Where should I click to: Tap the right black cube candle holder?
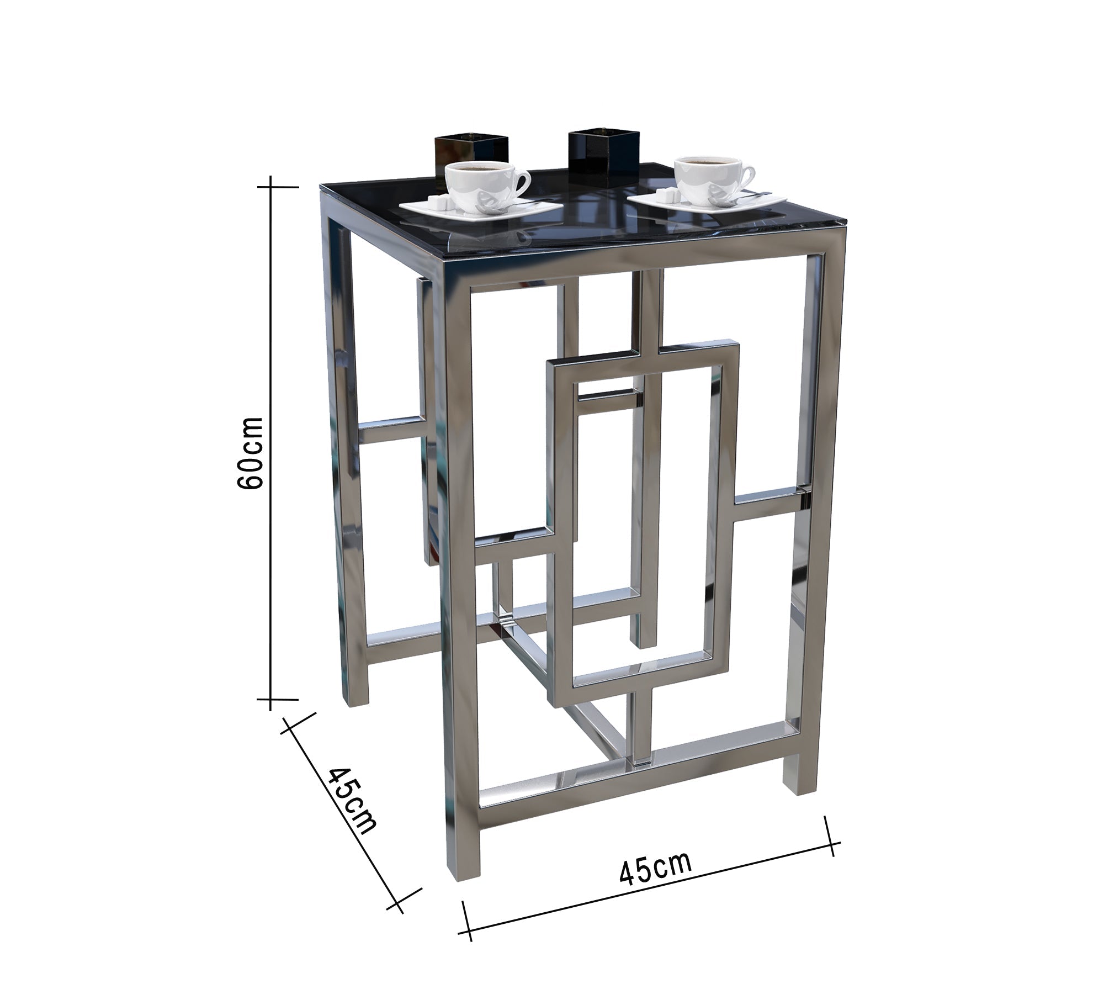[604, 149]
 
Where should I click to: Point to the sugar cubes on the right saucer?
[667, 194]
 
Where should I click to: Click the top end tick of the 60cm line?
[270, 187]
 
